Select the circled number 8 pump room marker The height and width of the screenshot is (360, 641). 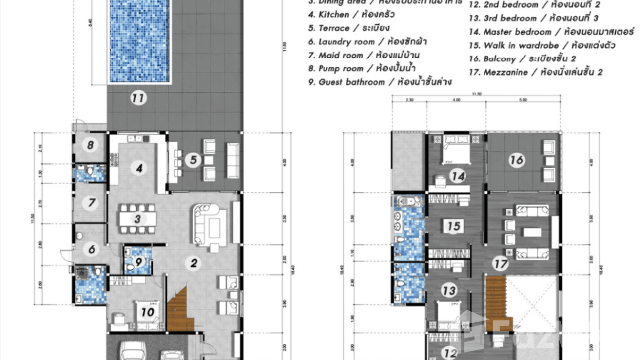[89, 144]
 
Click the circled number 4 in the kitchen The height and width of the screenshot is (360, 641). [139, 168]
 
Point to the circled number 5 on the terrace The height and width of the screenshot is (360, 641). [193, 160]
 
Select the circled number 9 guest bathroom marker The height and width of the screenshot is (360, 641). [139, 261]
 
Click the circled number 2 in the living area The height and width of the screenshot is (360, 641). [193, 263]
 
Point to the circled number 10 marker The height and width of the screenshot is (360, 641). [147, 312]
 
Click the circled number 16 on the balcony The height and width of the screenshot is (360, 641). [516, 160]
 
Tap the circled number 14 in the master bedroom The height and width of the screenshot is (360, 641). [458, 177]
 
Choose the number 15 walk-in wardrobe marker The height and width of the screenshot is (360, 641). [454, 225]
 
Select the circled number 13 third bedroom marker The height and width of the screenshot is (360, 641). [449, 290]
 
